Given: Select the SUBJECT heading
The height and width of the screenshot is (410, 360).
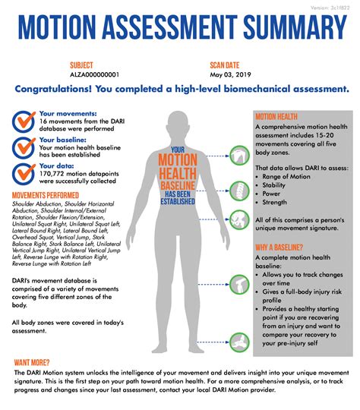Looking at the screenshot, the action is click(x=81, y=65).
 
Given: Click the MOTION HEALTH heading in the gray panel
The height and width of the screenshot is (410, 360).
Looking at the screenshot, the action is click(x=276, y=118).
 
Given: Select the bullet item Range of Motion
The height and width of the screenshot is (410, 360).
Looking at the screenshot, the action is click(x=289, y=176).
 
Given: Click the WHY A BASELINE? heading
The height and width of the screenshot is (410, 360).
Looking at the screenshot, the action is click(x=279, y=248).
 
